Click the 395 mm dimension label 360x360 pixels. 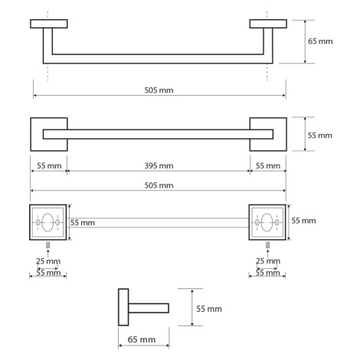tap(159, 166)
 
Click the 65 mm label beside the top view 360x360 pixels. tap(320, 41)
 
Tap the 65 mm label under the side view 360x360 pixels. tap(142, 339)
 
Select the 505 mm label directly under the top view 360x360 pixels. tap(159, 90)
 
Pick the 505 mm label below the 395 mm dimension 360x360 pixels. tap(159, 185)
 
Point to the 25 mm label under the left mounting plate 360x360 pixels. tap(48, 261)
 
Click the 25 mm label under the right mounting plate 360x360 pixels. tap(268, 261)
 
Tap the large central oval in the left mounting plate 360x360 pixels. tap(47, 222)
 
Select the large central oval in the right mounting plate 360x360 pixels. tap(267, 222)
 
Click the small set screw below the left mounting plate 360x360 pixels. tap(47, 245)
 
